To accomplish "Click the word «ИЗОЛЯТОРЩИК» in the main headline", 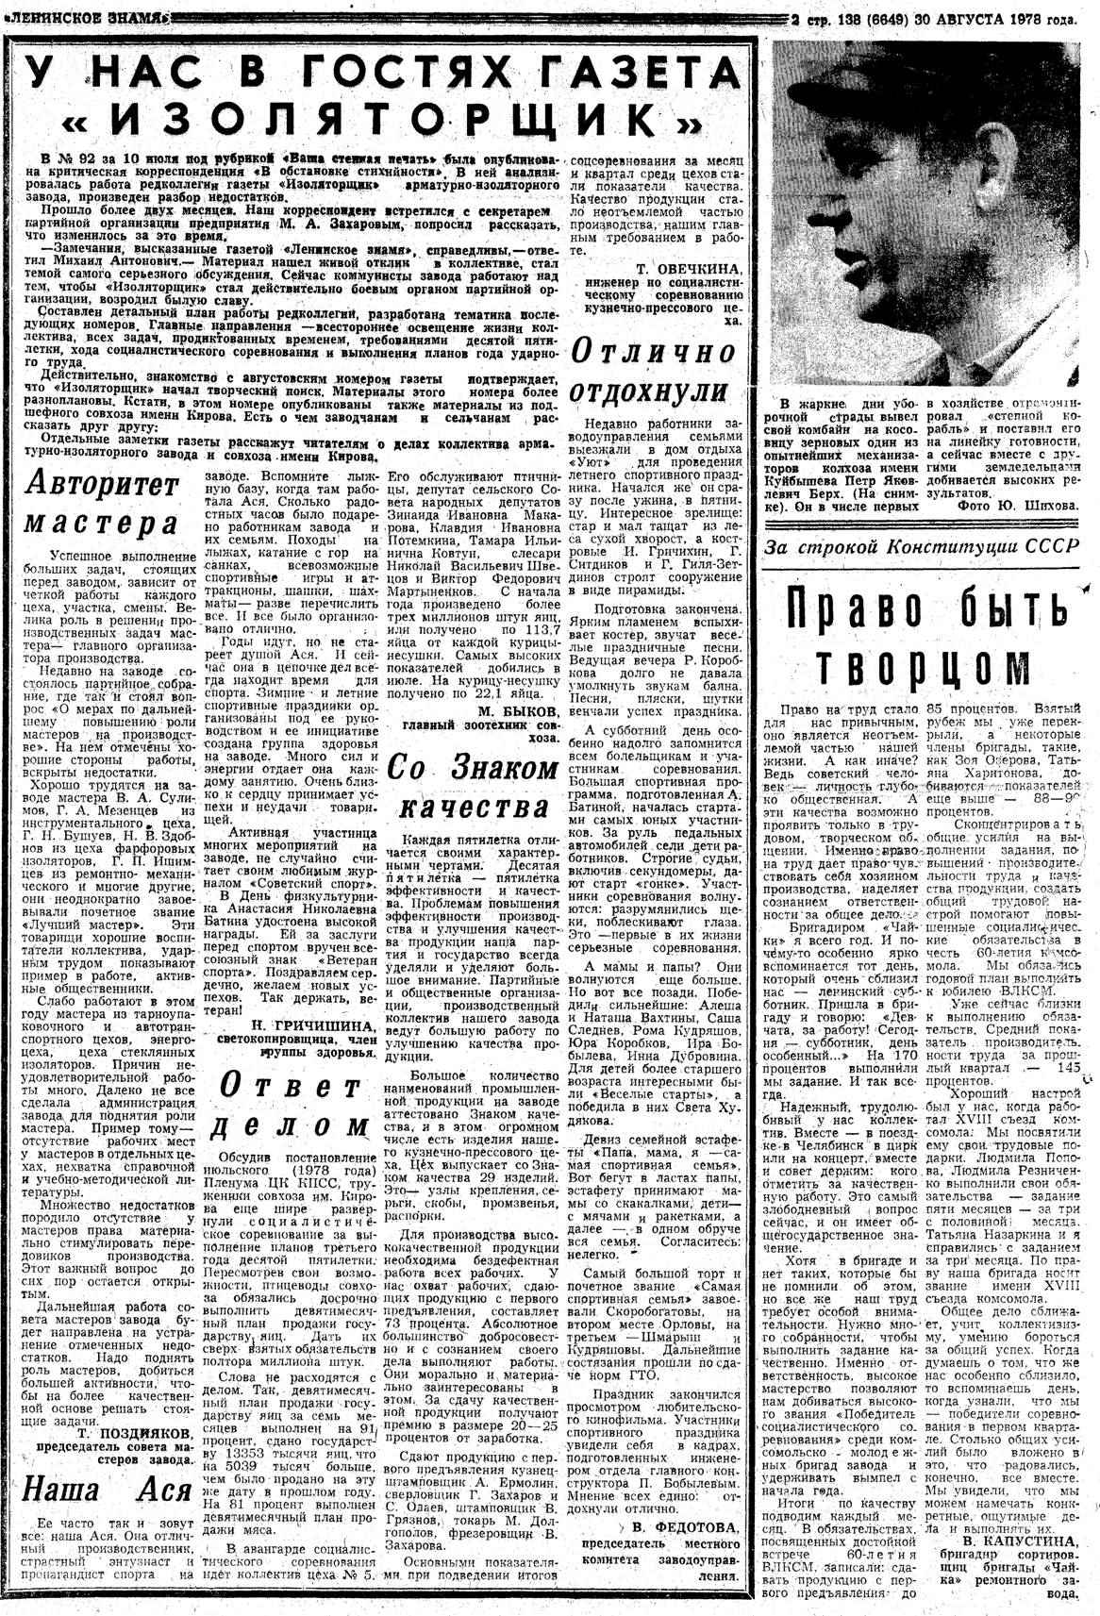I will [372, 119].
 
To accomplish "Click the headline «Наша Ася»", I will [102, 1490].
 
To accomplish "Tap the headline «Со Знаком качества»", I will [473, 787].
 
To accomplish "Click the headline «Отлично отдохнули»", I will [655, 370].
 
